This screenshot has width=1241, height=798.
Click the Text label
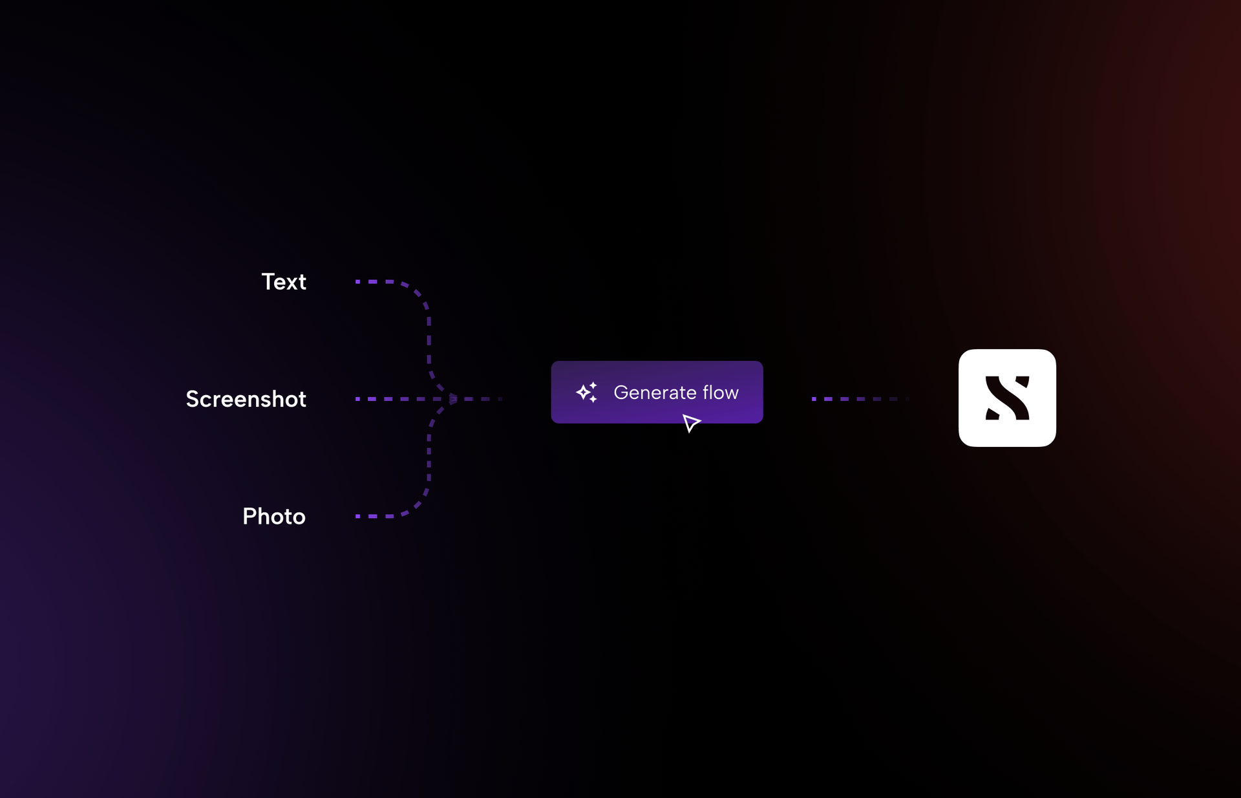(283, 282)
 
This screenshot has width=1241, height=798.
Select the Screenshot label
(246, 399)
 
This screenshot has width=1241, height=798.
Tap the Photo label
(273, 516)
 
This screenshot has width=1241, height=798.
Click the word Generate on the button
(654, 393)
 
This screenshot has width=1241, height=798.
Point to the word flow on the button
(720, 393)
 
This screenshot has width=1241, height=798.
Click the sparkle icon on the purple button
(587, 393)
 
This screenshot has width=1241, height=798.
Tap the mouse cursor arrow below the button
(691, 423)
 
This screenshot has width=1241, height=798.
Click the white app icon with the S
(1007, 398)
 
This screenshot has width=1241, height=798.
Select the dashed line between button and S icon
(860, 399)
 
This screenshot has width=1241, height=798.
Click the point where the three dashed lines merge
(453, 399)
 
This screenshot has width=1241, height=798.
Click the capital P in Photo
(249, 516)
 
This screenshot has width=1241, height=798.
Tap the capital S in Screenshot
(193, 399)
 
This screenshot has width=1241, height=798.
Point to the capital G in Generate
(622, 393)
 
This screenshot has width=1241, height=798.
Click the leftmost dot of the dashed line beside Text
(357, 282)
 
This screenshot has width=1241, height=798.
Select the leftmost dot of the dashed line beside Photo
(357, 516)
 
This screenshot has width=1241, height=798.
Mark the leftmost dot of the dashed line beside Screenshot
(357, 399)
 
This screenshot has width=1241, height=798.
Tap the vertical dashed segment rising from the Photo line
(429, 459)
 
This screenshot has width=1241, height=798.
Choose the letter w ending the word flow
(731, 393)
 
